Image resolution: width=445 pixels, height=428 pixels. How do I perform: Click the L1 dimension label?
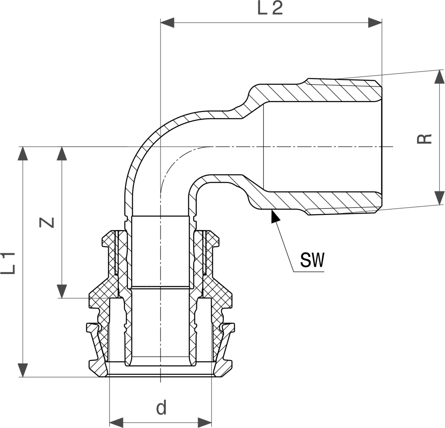(x=8, y=263)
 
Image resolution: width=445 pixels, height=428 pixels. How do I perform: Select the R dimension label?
(x=425, y=139)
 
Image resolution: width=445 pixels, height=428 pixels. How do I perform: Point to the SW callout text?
(x=312, y=260)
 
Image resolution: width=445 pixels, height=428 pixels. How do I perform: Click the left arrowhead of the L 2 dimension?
(x=167, y=23)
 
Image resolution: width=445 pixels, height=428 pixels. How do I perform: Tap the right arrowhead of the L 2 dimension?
(x=375, y=23)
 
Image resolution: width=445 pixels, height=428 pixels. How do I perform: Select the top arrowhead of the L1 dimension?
(x=23, y=154)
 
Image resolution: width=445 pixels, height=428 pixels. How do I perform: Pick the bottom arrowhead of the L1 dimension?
(x=23, y=370)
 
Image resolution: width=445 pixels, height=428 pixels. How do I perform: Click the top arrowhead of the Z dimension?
(x=62, y=154)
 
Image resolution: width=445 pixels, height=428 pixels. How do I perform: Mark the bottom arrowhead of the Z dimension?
(x=62, y=291)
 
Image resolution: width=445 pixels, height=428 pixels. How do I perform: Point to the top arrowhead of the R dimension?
(x=439, y=76)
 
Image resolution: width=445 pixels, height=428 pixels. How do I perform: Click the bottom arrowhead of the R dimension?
(x=439, y=198)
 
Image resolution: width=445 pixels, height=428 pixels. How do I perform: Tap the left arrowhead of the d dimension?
(x=116, y=422)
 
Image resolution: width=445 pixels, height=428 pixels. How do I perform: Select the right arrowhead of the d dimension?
(x=205, y=422)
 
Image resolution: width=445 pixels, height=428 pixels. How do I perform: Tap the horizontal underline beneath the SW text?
(x=309, y=272)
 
